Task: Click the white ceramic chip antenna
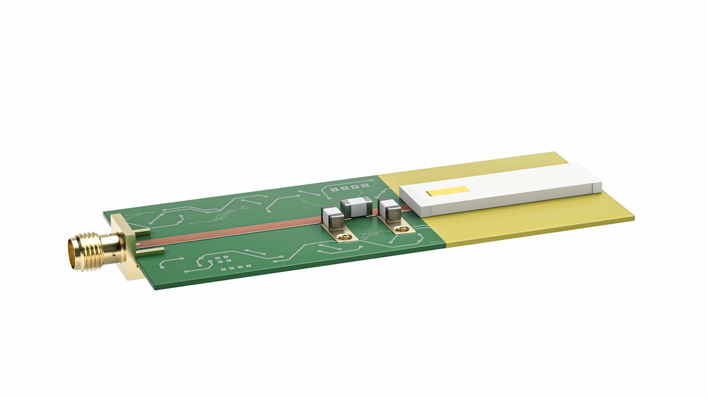(x=501, y=189)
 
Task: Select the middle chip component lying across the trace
(x=356, y=207)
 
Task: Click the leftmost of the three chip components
(x=333, y=219)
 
